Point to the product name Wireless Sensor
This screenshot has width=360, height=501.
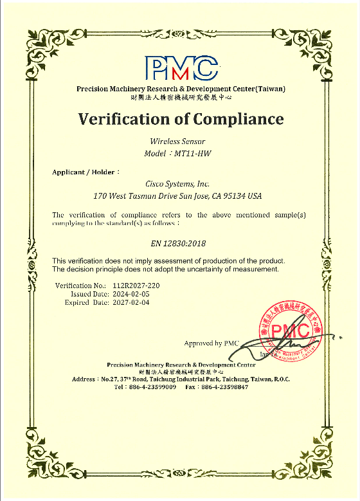point(180,141)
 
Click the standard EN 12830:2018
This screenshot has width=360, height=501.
point(180,244)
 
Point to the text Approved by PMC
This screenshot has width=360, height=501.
point(211,343)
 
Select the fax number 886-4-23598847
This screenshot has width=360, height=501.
point(224,387)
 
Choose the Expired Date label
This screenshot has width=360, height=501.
point(85,302)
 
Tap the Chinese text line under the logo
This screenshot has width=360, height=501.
point(181,97)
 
